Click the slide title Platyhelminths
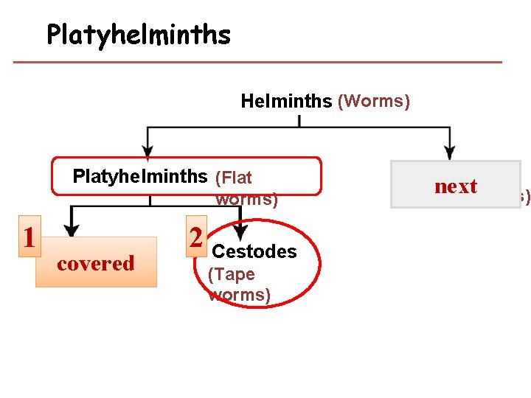(x=139, y=34)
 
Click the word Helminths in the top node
(x=286, y=101)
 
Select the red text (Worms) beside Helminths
(x=373, y=100)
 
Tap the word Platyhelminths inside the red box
(x=139, y=176)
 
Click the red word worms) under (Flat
(x=246, y=199)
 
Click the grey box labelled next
(x=455, y=185)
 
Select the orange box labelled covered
(x=96, y=262)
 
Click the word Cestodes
(x=254, y=251)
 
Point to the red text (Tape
(x=232, y=274)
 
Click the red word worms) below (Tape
(x=240, y=295)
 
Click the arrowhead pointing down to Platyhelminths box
(x=148, y=151)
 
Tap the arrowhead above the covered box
(x=71, y=227)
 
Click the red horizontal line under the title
(x=258, y=62)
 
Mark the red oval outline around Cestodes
(x=321, y=258)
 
